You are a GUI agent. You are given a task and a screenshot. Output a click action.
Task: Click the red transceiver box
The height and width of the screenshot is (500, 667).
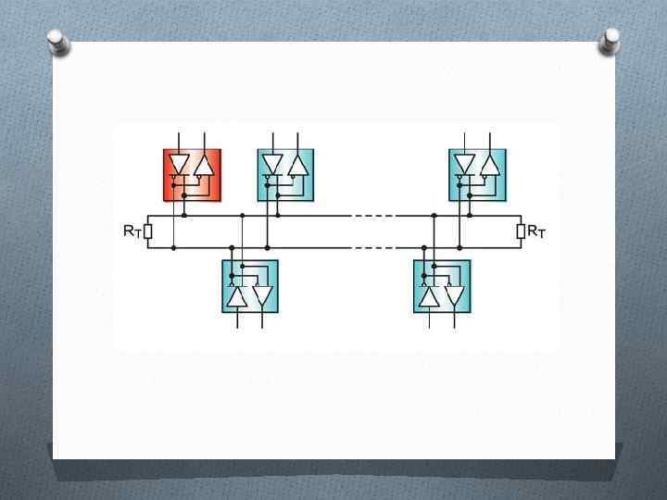193,174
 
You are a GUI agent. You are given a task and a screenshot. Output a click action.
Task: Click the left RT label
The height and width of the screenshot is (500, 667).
132,231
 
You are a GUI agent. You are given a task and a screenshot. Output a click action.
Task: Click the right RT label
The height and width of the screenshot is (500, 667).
536,231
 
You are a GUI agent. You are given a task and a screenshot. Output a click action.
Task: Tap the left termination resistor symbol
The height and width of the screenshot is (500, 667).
148,231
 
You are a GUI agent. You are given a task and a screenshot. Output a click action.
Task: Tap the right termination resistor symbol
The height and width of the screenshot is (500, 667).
521,231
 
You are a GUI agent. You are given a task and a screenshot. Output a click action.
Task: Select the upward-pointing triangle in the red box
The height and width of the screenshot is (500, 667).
204,166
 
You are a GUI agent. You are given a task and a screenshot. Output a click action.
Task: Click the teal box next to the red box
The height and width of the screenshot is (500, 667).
285,174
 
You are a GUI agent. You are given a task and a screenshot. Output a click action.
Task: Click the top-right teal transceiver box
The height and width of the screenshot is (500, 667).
478,174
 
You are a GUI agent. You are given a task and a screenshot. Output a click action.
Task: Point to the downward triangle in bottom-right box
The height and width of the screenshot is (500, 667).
454,296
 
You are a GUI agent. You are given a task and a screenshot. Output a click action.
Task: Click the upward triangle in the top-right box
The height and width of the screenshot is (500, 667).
489,166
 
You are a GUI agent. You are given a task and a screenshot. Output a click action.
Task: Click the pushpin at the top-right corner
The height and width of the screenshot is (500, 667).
610,39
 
